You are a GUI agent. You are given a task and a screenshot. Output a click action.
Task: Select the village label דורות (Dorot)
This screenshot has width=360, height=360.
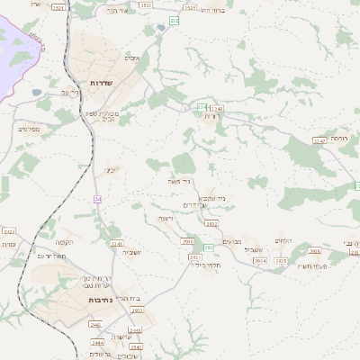point(211,116)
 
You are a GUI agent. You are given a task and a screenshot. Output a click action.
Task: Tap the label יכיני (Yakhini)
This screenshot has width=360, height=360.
point(110,169)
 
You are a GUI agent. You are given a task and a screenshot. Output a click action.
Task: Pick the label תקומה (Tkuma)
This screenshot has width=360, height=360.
point(62,243)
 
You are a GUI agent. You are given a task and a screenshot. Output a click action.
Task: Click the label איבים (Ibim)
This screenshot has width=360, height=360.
point(134,57)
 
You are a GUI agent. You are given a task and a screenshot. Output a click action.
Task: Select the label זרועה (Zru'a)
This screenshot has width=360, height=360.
point(165,219)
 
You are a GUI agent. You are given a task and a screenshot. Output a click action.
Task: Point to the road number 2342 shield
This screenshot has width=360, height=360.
point(6,232)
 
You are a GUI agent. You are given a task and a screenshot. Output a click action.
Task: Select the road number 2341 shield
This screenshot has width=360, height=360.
point(115,244)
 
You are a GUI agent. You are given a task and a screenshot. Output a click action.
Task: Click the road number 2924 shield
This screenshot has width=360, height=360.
point(260,261)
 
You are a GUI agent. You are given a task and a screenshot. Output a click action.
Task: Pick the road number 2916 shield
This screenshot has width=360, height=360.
point(314,251)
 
